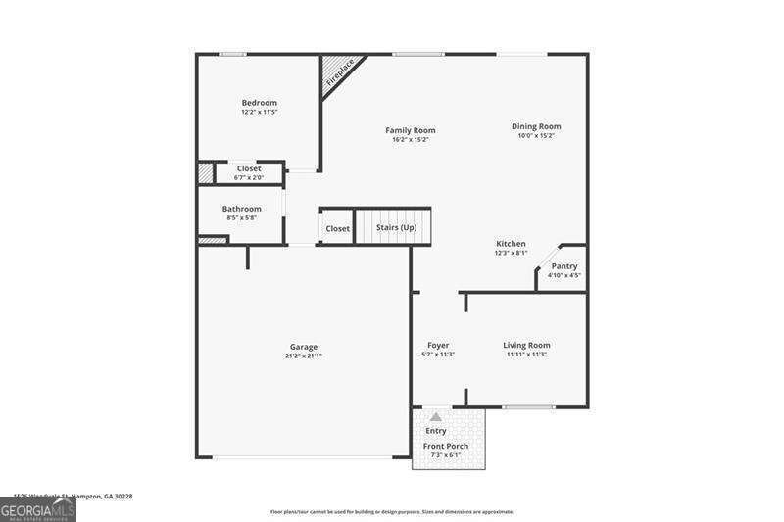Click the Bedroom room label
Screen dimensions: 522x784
(x=260, y=103)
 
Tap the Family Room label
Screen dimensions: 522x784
(x=410, y=130)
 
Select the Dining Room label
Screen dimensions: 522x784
(x=536, y=126)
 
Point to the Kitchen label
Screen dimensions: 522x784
(x=511, y=244)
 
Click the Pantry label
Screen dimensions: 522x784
(x=564, y=266)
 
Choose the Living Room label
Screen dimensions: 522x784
(x=526, y=345)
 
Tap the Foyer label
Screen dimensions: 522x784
(x=438, y=345)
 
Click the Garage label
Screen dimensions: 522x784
(x=303, y=347)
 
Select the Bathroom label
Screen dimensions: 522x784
(x=241, y=209)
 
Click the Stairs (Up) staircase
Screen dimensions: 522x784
(x=393, y=227)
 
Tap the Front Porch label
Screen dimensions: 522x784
(x=446, y=446)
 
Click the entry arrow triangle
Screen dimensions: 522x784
(x=436, y=417)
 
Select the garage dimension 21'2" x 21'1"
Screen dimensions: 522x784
(x=303, y=356)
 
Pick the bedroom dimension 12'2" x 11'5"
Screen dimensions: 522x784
(x=260, y=113)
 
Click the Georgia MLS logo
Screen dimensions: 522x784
(x=38, y=509)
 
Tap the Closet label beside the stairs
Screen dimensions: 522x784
(x=337, y=228)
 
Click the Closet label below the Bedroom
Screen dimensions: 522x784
(x=249, y=168)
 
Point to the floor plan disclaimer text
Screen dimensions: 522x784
(x=392, y=511)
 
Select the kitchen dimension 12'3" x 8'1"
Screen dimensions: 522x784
(x=511, y=253)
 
